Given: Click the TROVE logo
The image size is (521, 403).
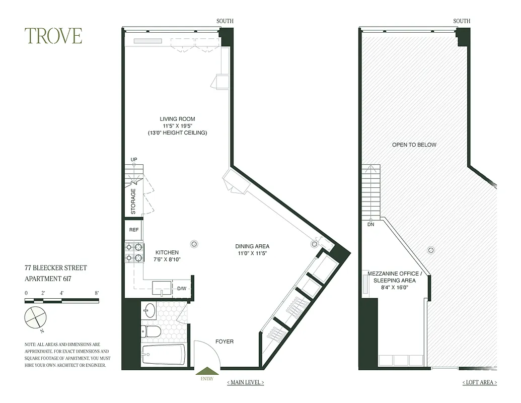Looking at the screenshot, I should click(x=53, y=36).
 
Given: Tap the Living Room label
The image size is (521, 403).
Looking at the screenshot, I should click(x=177, y=119).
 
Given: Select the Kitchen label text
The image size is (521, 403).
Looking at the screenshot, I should click(x=167, y=252).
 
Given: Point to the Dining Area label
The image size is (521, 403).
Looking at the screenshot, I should click(x=252, y=246).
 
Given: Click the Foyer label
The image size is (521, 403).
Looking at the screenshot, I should click(x=224, y=342).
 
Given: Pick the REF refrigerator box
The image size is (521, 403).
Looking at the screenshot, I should click(x=134, y=230).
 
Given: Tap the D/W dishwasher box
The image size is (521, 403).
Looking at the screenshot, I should click(x=182, y=289).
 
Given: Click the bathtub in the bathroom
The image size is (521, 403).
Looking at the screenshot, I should click(x=164, y=354).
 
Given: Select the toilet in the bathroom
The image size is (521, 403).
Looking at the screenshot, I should click(x=151, y=331).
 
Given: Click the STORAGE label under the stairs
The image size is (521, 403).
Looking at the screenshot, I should click(x=133, y=201).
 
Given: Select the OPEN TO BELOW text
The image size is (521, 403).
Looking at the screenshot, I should click(x=414, y=145).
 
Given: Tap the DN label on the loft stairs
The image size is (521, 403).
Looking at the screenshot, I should click(x=371, y=225).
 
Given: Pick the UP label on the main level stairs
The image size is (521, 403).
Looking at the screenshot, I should click(x=134, y=160).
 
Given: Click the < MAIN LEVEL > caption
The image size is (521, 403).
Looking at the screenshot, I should click(x=245, y=382).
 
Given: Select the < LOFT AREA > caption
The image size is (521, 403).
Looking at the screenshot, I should click(x=479, y=382).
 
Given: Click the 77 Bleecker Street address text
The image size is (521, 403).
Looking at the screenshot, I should click(x=56, y=268).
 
